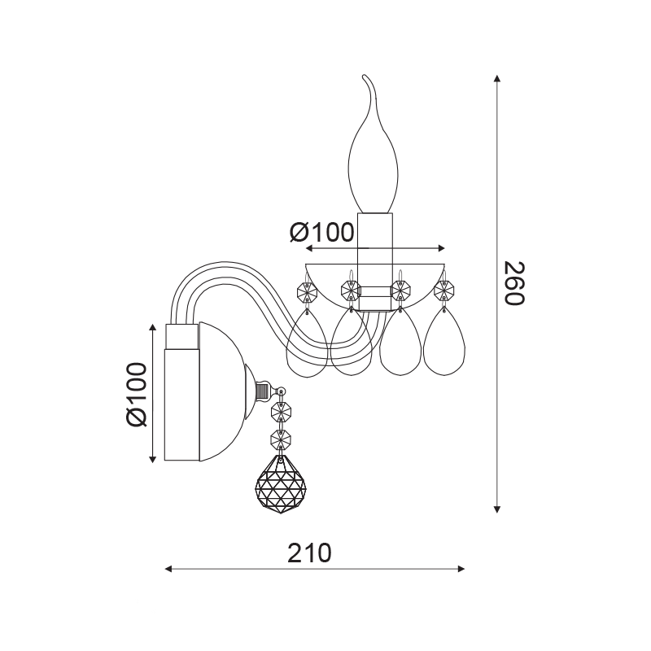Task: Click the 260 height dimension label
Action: (x=514, y=283)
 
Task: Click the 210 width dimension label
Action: (x=310, y=553)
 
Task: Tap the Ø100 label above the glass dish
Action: (x=321, y=232)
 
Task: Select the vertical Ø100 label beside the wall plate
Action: (x=137, y=394)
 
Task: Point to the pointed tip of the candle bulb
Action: (x=364, y=76)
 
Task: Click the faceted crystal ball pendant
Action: (x=280, y=483)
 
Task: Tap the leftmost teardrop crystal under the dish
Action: (x=308, y=344)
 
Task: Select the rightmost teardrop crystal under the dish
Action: (x=443, y=342)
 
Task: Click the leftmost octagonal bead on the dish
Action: (x=308, y=292)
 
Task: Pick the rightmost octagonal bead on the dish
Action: (x=443, y=290)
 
